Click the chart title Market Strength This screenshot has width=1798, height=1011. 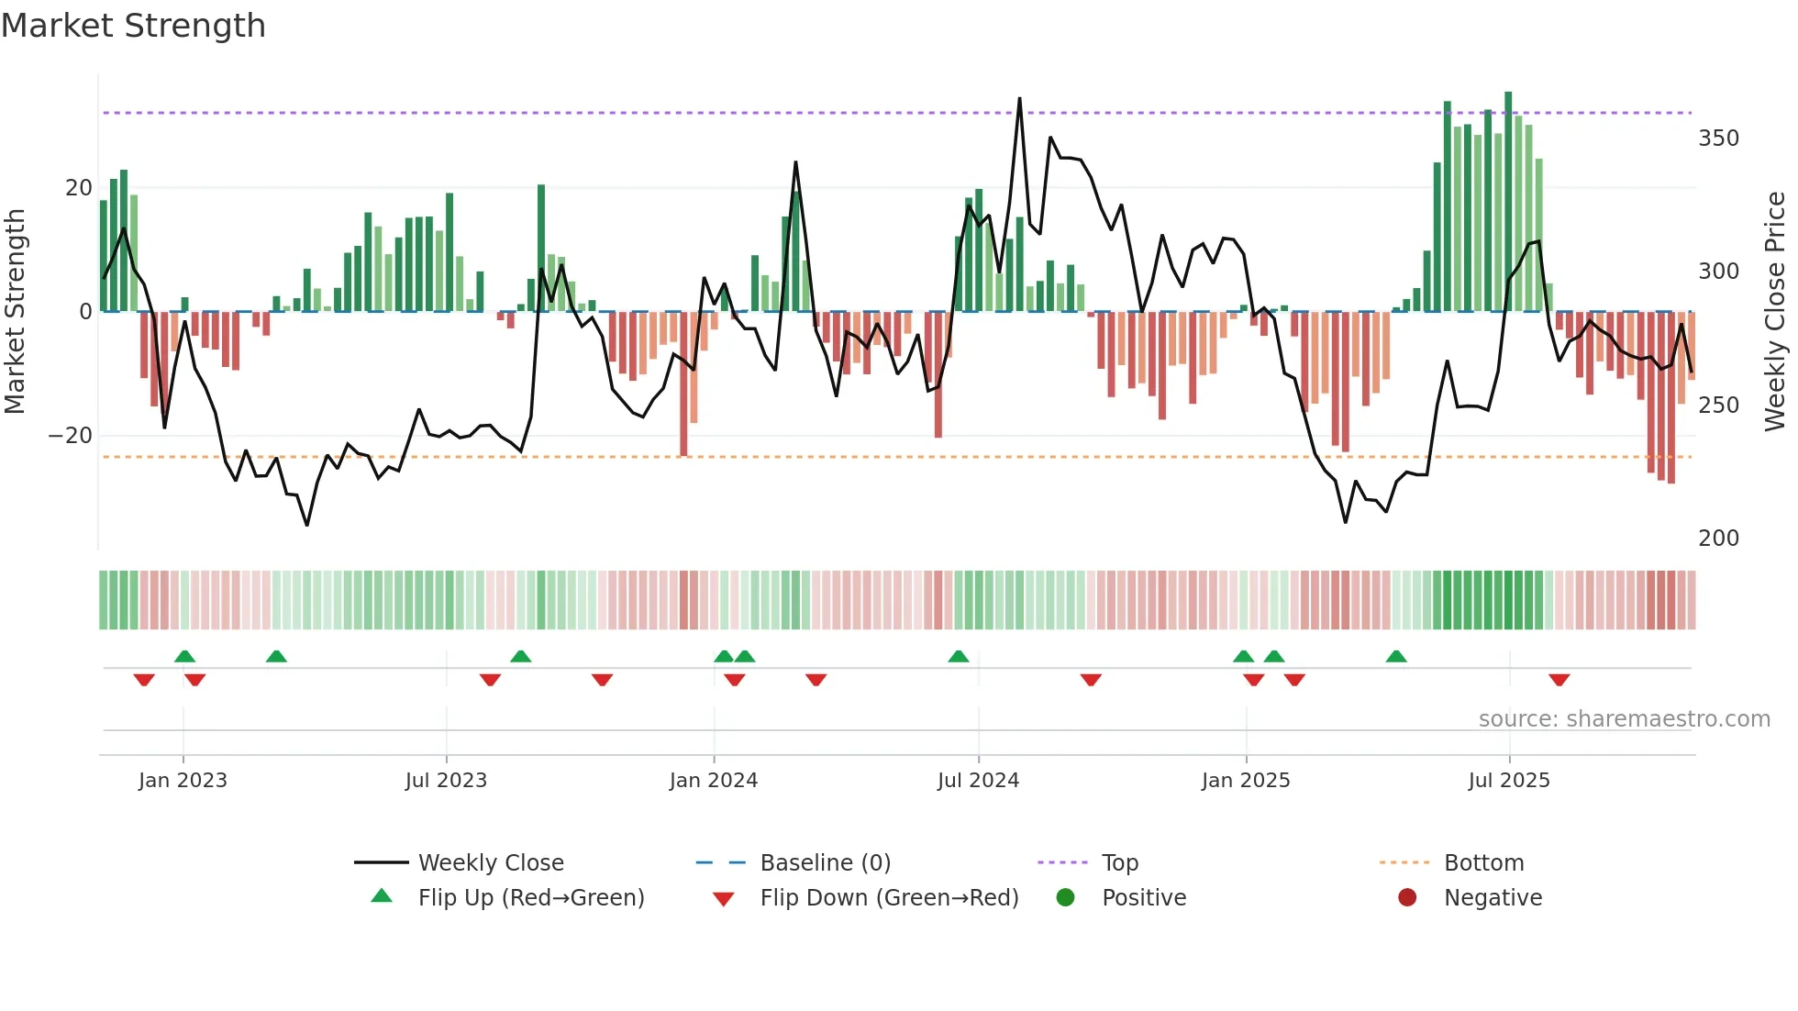pos(133,26)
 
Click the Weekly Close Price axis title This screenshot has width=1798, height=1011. pos(1775,312)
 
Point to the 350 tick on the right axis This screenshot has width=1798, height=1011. pos(1718,139)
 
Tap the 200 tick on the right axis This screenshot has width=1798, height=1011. pos(1718,539)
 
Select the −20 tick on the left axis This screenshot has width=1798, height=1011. pos(71,436)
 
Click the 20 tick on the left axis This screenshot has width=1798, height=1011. pos(79,188)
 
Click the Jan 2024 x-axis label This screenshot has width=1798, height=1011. pos(713,781)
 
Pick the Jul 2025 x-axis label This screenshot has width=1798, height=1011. pos(1508,781)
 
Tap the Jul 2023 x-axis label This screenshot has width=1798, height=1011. pos(446,781)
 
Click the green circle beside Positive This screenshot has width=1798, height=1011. pos(1065,898)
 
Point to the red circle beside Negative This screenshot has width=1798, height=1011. pos(1407,898)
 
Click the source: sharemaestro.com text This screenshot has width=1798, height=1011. pos(1624,719)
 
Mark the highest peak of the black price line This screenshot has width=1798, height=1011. pos(1019,99)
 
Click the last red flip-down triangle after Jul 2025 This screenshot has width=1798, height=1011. pos(1559,680)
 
